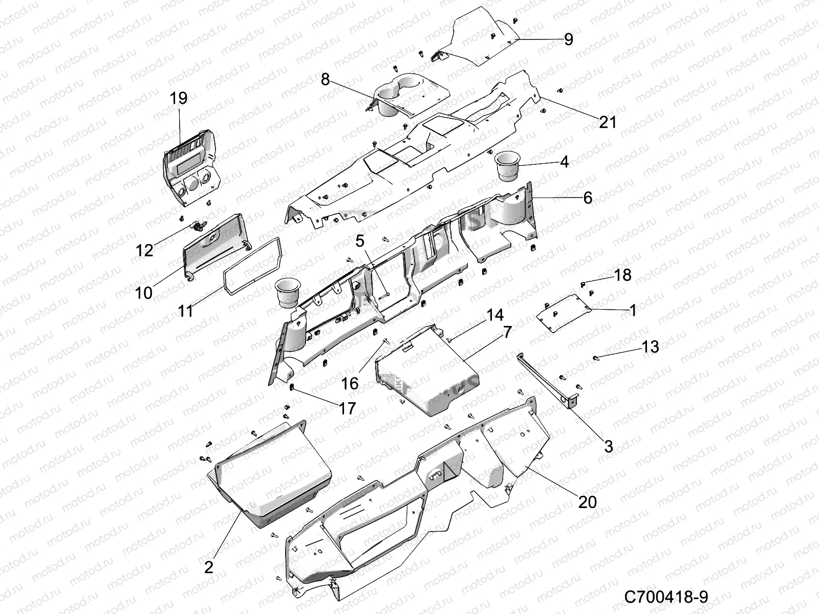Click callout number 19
(x=179, y=98)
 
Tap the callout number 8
(x=326, y=79)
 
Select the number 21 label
(x=608, y=122)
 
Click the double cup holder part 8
(x=404, y=95)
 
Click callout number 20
(x=588, y=502)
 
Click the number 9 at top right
(x=568, y=39)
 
